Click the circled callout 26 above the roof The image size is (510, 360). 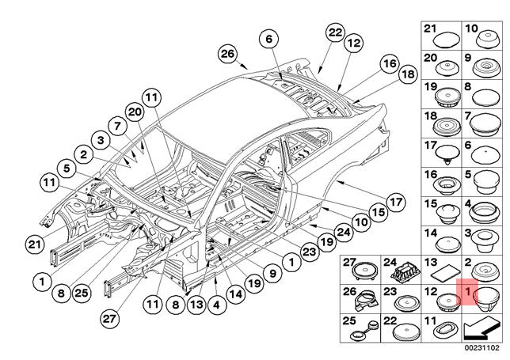coord(228,54)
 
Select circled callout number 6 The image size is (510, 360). coord(268,39)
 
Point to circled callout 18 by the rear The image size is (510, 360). coord(407,75)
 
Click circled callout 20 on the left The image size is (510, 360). coord(134,113)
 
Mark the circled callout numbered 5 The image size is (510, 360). coord(66,168)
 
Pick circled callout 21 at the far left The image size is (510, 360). coord(34,243)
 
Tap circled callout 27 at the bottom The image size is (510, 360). coord(110,317)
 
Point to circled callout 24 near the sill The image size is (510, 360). coord(343,232)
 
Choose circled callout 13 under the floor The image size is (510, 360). coord(197,301)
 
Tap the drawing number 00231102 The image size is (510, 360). coord(482,346)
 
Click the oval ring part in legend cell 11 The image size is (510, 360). coord(447,328)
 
